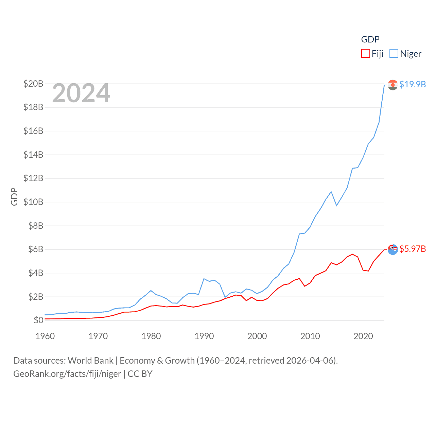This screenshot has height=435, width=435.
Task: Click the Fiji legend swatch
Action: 365,54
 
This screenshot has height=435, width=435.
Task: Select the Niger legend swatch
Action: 394,54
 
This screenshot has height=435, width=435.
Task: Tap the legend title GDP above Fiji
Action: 370,39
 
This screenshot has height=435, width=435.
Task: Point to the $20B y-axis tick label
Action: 33,84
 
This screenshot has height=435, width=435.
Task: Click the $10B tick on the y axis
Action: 33,202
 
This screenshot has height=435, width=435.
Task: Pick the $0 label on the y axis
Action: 38,320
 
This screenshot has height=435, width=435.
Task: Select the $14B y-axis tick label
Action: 33,155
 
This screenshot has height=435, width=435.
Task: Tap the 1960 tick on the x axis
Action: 45,336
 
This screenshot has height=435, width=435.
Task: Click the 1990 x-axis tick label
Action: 204,336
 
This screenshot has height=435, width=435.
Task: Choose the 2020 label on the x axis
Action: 363,336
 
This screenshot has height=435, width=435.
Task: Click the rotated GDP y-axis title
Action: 14,196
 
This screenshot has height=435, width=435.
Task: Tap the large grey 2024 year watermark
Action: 81,93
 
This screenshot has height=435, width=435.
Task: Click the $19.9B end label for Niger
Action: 413,84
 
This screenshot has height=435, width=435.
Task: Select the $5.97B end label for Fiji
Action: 413,249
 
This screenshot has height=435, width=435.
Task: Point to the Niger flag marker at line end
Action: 393,85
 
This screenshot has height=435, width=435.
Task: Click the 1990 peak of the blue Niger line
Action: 204,279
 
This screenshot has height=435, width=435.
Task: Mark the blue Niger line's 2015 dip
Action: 336,206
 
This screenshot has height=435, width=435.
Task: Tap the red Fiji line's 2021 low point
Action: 368,271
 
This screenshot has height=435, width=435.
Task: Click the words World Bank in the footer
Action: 91,361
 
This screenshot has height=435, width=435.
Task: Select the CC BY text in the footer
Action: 140,374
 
